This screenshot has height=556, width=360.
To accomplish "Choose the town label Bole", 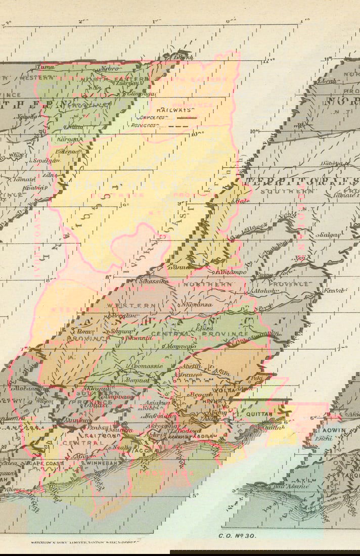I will (240, 201).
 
